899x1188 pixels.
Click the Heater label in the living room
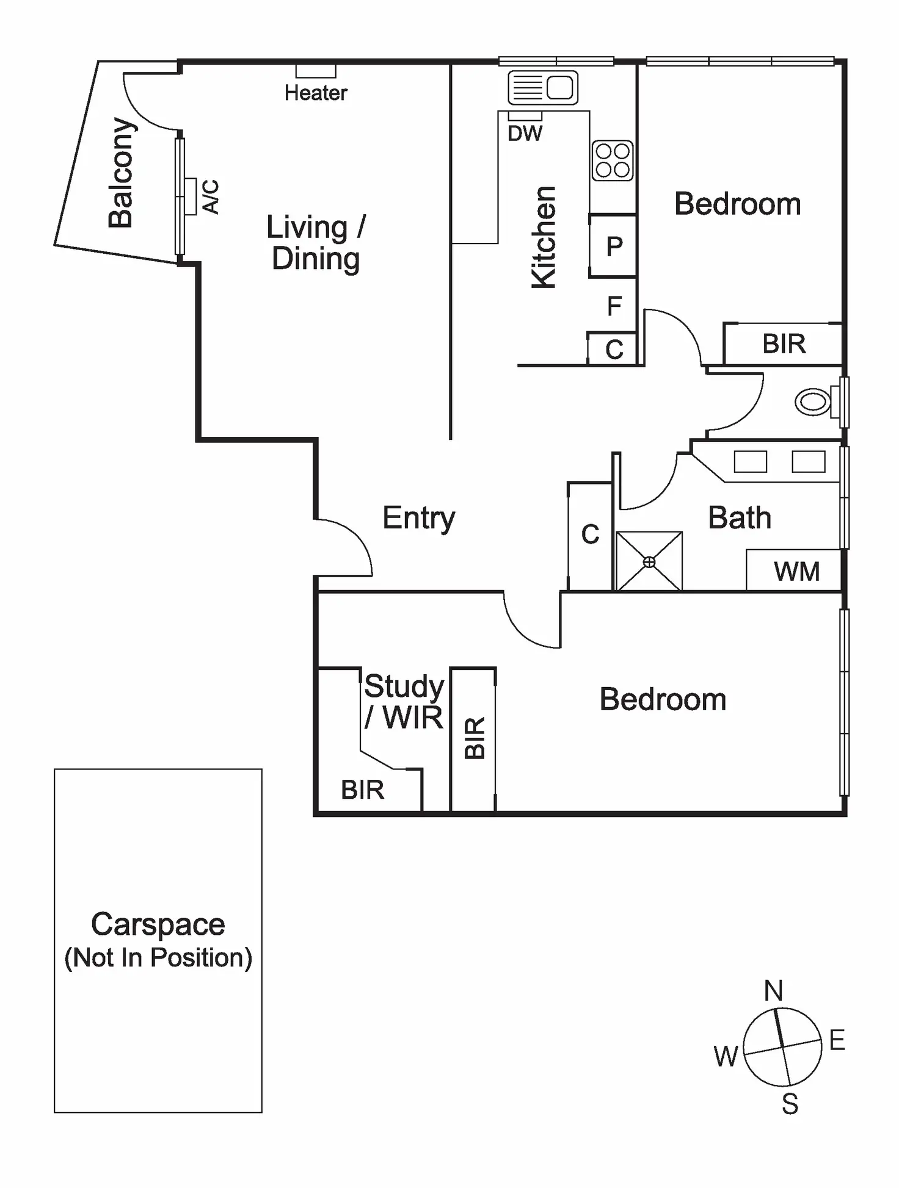tap(316, 93)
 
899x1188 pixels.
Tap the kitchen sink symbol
tap(543, 87)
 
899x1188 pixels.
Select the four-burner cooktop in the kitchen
tap(612, 160)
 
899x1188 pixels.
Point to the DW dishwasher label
tap(525, 133)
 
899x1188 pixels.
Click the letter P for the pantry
tap(614, 247)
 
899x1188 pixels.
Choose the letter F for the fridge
tap(614, 306)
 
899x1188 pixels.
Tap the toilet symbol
tap(814, 402)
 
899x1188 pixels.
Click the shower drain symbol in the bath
tap(649, 562)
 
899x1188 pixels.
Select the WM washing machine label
tap(796, 572)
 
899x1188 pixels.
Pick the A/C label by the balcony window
tap(210, 196)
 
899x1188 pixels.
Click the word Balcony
tap(121, 173)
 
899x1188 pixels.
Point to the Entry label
tap(419, 519)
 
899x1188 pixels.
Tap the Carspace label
tap(158, 924)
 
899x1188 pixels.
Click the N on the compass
tap(773, 990)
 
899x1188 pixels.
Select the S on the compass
tap(790, 1104)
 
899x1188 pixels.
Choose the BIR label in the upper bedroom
tap(784, 344)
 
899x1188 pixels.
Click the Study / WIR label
tap(404, 702)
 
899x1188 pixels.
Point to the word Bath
tap(739, 518)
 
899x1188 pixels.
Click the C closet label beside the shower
tap(590, 535)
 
